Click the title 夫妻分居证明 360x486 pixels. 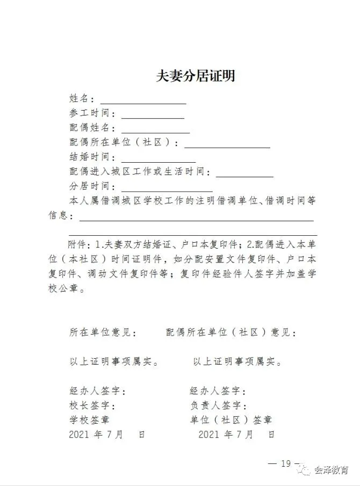click(x=196, y=76)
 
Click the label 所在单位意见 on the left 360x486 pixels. click(x=102, y=332)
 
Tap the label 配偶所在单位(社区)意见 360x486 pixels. click(x=231, y=332)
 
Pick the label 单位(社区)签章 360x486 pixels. click(x=231, y=420)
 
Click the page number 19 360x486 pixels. click(x=285, y=464)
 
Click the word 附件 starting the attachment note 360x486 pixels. click(x=78, y=244)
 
